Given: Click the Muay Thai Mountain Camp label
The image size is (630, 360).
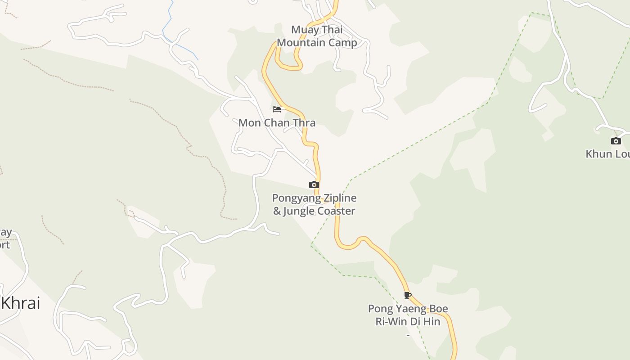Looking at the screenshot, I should tap(317, 36).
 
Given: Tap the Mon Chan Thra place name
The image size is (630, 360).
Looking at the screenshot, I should tap(277, 122).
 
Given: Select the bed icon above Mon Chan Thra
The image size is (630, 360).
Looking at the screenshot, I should tap(277, 109).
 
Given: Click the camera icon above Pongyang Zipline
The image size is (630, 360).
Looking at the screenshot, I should tap(314, 184).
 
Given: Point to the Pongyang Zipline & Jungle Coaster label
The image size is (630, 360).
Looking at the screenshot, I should tap(314, 204).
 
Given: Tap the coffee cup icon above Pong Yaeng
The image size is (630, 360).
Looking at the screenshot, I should tap(408, 296).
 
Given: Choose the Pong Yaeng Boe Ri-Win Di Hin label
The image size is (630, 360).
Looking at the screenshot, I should tap(408, 315).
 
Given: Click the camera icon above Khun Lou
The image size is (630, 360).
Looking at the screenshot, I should tap(616, 141).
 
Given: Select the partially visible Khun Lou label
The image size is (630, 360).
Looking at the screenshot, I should tap(607, 154).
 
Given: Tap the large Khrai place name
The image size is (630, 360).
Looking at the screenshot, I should tap(21, 303).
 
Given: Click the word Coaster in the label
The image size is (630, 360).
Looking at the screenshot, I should tap(336, 211).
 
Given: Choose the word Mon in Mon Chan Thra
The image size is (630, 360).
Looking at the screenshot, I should tap(249, 122).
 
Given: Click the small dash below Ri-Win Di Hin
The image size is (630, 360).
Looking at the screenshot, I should tap(408, 335).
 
